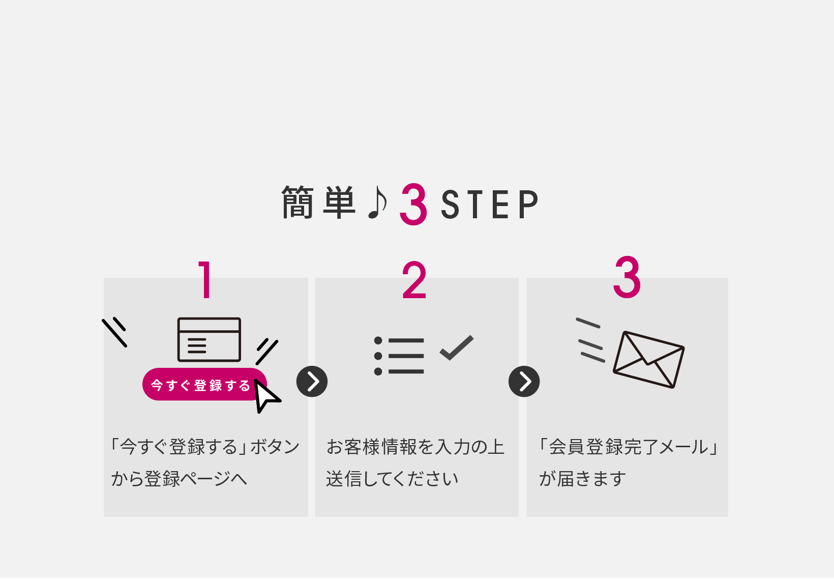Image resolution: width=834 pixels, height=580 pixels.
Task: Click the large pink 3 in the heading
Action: (x=413, y=205)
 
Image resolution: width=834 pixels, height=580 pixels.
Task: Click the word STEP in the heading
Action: (x=489, y=205)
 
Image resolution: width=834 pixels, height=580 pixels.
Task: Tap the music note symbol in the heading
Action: (x=377, y=202)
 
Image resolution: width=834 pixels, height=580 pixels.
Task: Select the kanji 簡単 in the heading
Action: (x=318, y=202)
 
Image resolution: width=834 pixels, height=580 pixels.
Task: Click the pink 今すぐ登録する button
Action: (x=201, y=385)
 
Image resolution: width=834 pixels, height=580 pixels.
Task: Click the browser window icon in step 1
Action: (x=209, y=339)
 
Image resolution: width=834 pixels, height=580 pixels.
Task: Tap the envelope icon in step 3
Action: (x=648, y=359)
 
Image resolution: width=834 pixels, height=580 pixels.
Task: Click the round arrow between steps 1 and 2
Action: (x=312, y=382)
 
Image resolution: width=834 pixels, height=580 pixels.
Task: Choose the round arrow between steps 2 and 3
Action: (x=524, y=382)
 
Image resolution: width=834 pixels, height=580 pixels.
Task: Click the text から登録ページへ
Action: (x=179, y=479)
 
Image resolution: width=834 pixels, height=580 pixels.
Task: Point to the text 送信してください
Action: (x=392, y=479)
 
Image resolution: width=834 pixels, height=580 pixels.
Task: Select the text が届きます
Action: (x=583, y=479)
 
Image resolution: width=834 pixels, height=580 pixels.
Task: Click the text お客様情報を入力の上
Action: (x=415, y=447)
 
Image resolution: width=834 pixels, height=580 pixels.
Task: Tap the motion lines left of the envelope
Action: (x=590, y=340)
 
